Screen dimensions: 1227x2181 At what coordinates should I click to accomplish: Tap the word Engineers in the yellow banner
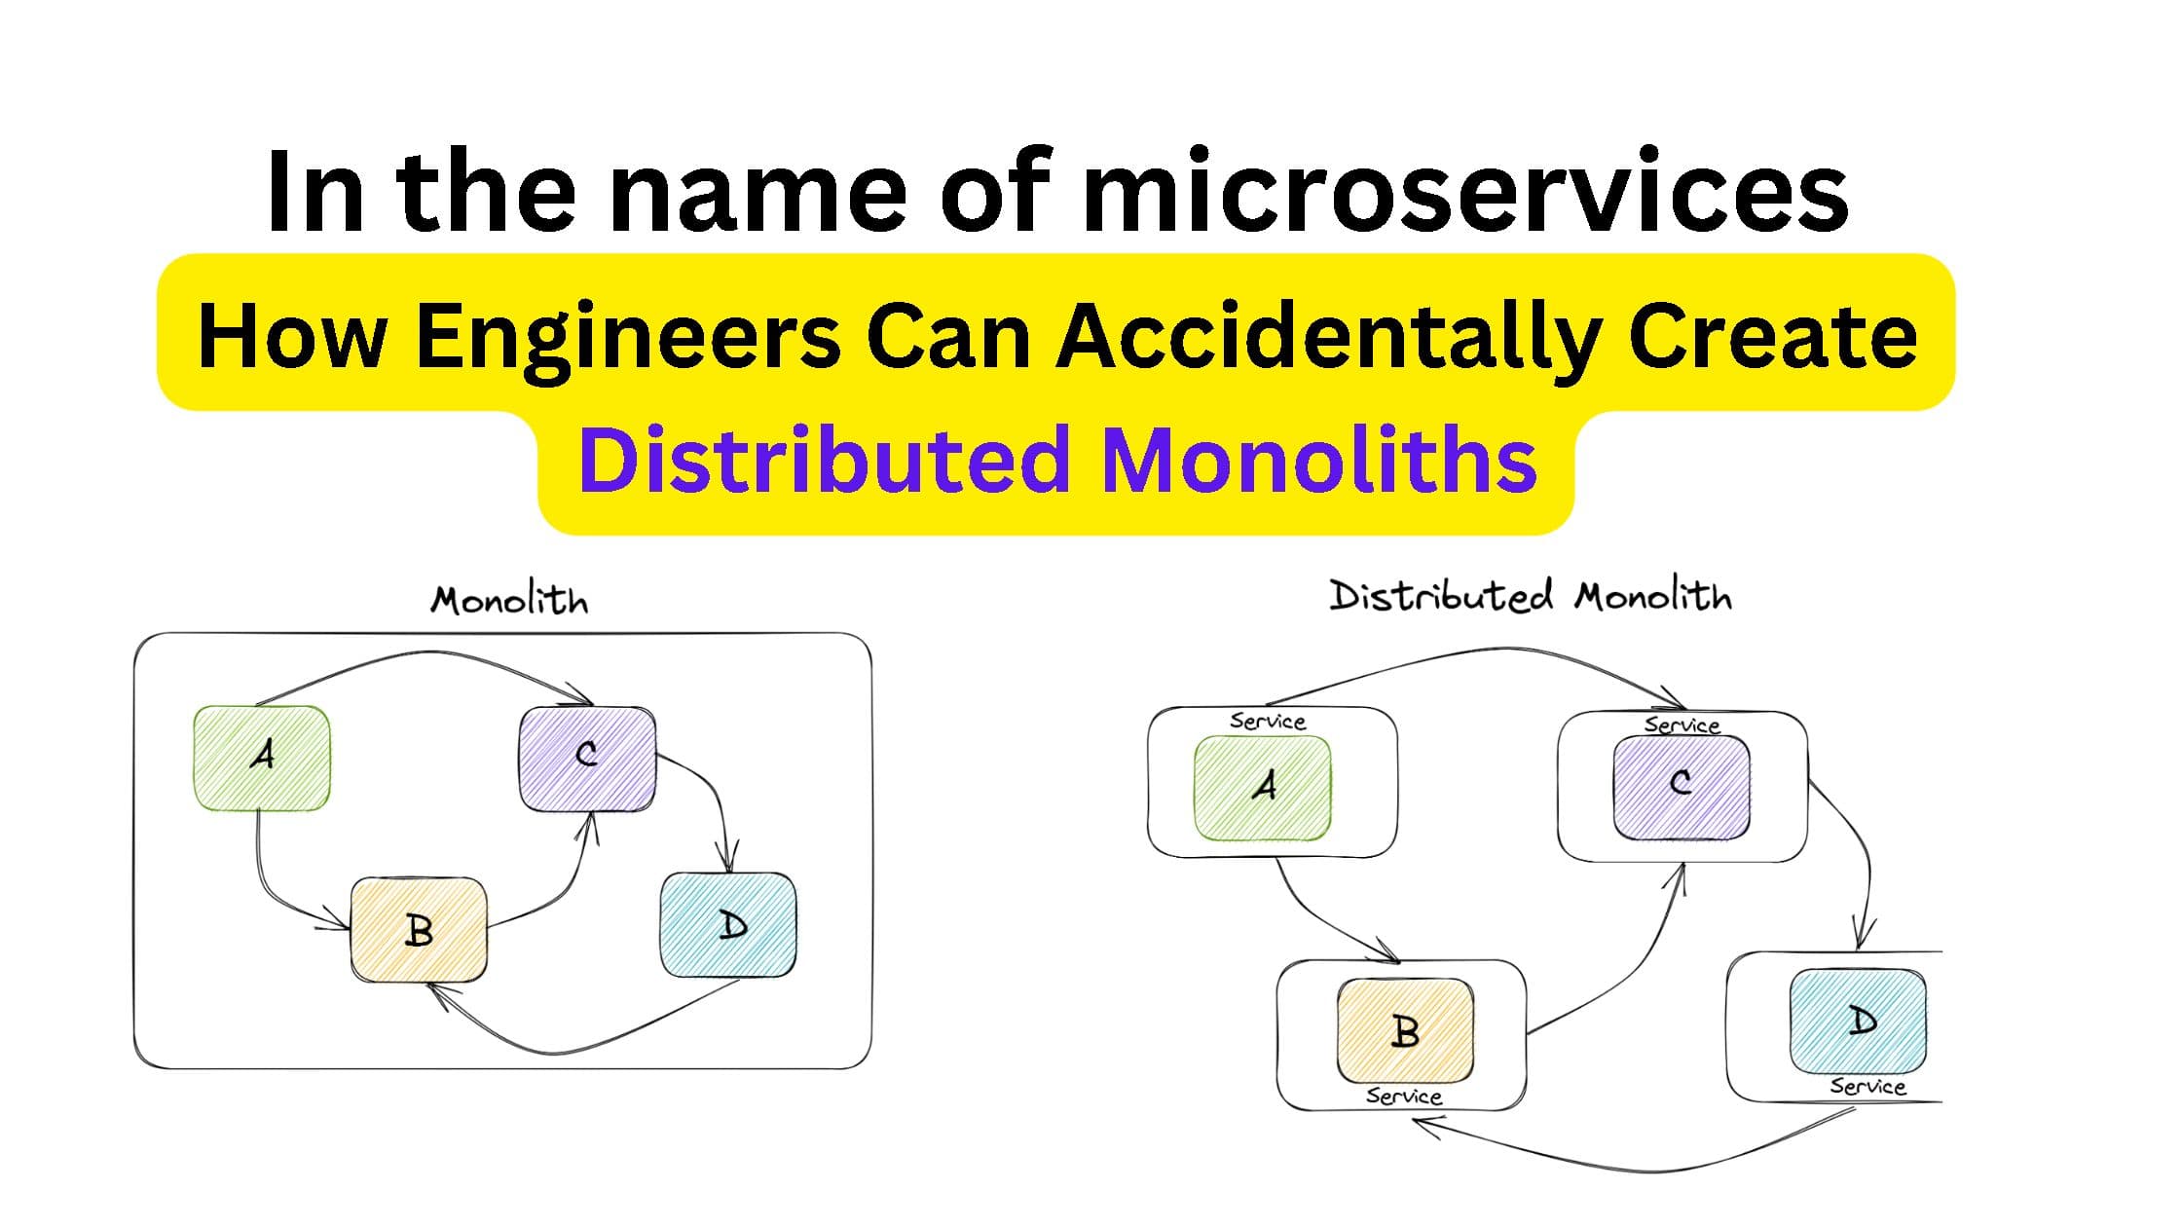[x=628, y=336]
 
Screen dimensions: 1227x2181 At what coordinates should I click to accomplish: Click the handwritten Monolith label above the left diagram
[x=509, y=600]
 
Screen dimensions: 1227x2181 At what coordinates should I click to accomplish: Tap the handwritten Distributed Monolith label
[x=1531, y=596]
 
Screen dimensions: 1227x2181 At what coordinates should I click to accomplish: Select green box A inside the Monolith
[x=262, y=758]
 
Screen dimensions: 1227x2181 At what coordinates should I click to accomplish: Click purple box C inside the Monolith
[x=587, y=758]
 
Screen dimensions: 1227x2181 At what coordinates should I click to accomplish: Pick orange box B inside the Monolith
[x=419, y=929]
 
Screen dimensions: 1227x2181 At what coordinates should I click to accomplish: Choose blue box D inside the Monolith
[x=728, y=925]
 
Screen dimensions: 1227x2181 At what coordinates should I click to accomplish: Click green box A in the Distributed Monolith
[x=1263, y=787]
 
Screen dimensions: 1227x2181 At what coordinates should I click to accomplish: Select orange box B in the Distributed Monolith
[x=1405, y=1030]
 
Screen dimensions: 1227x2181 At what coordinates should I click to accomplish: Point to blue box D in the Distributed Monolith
[x=1858, y=1021]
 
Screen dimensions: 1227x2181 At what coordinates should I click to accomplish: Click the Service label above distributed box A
[x=1268, y=722]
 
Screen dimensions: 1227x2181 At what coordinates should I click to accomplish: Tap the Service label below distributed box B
[x=1403, y=1097]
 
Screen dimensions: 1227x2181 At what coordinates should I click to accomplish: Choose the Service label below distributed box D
[x=1867, y=1086]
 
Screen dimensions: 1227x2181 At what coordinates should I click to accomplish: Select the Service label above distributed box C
[x=1682, y=725]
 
